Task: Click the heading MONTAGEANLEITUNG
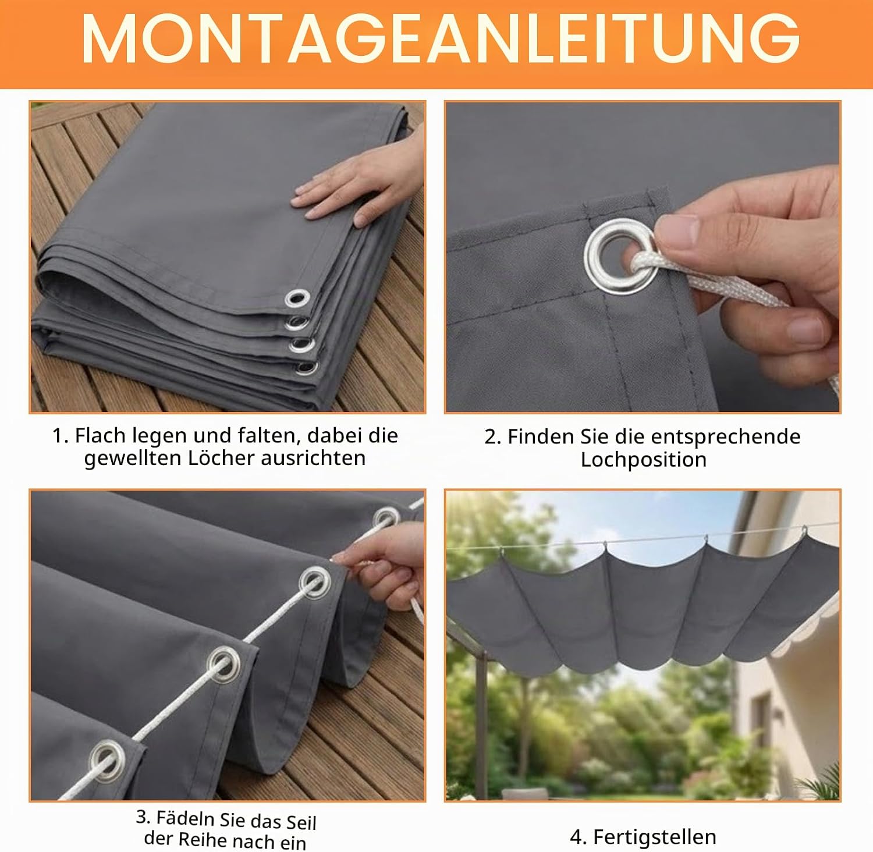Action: pos(441,38)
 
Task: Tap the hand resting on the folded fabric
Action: pos(361,180)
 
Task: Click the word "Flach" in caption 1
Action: pos(101,435)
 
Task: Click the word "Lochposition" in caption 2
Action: pos(644,460)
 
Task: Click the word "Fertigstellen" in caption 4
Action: pos(655,837)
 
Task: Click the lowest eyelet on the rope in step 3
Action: pos(107,759)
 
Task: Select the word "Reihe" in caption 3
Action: pos(202,839)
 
